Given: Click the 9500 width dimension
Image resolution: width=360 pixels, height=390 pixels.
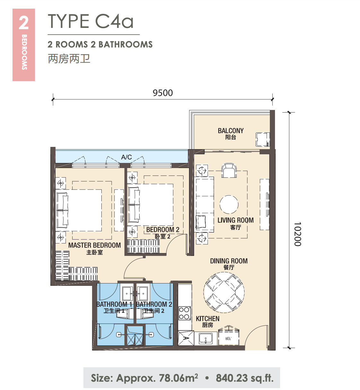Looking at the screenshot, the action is pos(163,93).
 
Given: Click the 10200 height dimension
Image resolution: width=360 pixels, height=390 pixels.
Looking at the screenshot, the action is pos(297,234).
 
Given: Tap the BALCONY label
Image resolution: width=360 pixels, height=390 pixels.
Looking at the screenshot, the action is pos(230,131).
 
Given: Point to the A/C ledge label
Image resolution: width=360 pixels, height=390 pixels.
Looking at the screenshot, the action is pos(126,157).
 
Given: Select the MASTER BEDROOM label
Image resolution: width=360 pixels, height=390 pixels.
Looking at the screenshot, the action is pos(95,245).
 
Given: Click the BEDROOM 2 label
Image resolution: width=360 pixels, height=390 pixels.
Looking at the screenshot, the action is pos(163,230).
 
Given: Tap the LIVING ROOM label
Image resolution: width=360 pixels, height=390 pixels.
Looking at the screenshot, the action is pos(236,220).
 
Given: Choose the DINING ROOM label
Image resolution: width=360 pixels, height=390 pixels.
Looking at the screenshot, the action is pos(229,261).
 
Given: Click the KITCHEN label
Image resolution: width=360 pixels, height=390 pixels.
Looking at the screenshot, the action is pos(208,318).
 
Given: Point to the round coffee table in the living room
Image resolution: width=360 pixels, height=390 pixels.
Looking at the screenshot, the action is pos(229,204).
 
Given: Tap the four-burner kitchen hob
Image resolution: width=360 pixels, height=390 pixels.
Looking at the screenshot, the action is pos(184,313).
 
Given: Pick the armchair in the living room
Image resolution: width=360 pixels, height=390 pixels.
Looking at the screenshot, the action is pos(229,170).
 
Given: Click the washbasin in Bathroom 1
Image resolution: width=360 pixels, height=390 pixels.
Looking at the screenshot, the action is pos(127,293).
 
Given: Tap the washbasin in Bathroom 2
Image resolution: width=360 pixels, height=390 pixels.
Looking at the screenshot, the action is pos(143,293).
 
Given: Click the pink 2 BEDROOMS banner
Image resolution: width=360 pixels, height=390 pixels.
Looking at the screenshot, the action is pos(24,45).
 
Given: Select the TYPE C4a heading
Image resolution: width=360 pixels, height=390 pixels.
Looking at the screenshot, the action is pos(90,21).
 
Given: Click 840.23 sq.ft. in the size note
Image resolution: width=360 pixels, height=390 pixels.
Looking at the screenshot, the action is pos(244,378).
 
